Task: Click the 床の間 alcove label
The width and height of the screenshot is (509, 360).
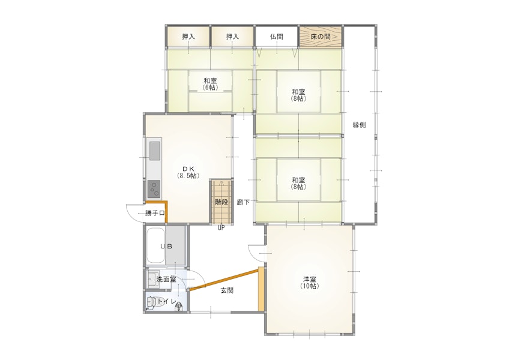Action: tap(321, 37)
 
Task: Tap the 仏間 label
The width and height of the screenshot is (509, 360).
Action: tap(277, 37)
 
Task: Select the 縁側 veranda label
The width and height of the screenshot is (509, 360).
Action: tap(360, 125)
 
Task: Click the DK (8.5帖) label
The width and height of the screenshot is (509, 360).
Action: tap(188, 172)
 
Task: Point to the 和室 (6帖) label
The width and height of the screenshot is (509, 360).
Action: tap(210, 84)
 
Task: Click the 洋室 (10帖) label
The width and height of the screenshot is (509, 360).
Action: tap(310, 283)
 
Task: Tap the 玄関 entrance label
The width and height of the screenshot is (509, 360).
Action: tap(227, 290)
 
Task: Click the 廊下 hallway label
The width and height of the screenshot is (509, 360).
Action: tap(243, 202)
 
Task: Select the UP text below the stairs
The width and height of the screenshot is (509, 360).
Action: tap(221, 228)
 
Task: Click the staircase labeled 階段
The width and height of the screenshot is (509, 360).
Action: tap(221, 201)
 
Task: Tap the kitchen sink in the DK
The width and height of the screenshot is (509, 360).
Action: tap(154, 151)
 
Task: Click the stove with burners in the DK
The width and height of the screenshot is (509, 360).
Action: tap(154, 189)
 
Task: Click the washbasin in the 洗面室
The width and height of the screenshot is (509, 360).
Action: tap(152, 279)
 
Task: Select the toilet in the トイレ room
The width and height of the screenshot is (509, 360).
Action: tap(151, 302)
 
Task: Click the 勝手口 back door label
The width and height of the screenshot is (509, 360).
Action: tap(155, 213)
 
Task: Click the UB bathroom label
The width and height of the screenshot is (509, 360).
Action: tap(166, 247)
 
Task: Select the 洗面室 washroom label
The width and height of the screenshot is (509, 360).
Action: tap(166, 279)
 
